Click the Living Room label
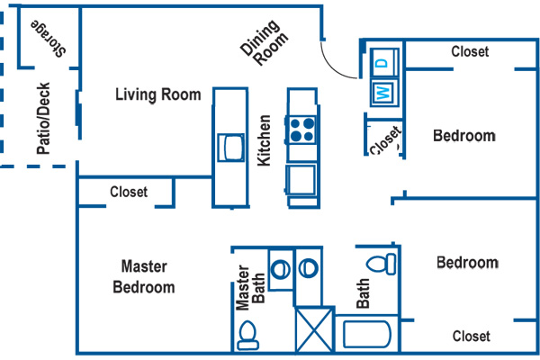click(x=158, y=95)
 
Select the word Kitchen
click(x=265, y=139)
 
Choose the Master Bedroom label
click(x=144, y=276)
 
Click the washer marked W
click(x=383, y=92)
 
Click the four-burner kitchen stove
click(x=302, y=130)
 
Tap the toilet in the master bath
click(x=247, y=335)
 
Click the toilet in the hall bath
click(x=382, y=263)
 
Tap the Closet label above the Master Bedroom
click(x=129, y=192)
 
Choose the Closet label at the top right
click(x=470, y=52)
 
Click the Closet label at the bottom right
click(x=471, y=337)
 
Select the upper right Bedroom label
click(x=464, y=136)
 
